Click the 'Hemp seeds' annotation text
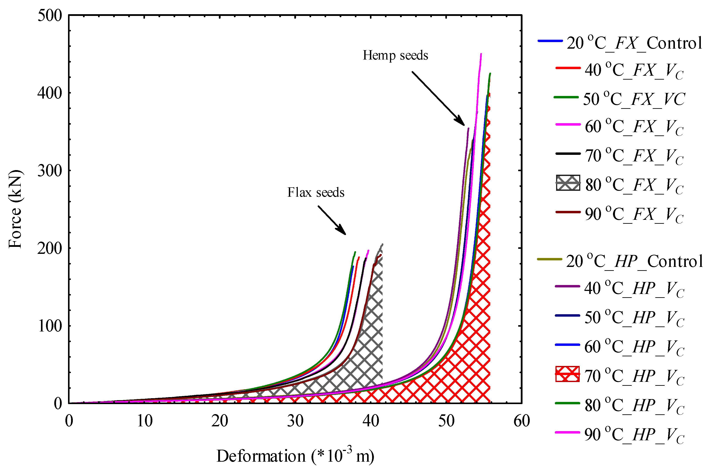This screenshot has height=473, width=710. (x=395, y=56)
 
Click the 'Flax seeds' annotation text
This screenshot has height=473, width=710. (x=315, y=193)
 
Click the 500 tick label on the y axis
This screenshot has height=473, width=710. (x=50, y=15)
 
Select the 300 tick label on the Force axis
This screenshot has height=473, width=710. (x=50, y=171)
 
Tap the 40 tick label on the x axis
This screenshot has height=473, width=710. (x=371, y=421)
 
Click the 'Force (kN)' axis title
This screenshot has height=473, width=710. (x=15, y=209)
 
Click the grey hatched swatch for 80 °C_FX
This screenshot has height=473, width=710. (x=568, y=183)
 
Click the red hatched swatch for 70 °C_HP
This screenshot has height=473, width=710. (x=567, y=374)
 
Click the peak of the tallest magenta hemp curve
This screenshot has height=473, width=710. (x=481, y=54)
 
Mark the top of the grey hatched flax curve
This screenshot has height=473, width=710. (x=382, y=244)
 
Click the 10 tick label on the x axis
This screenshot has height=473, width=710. (x=144, y=421)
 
